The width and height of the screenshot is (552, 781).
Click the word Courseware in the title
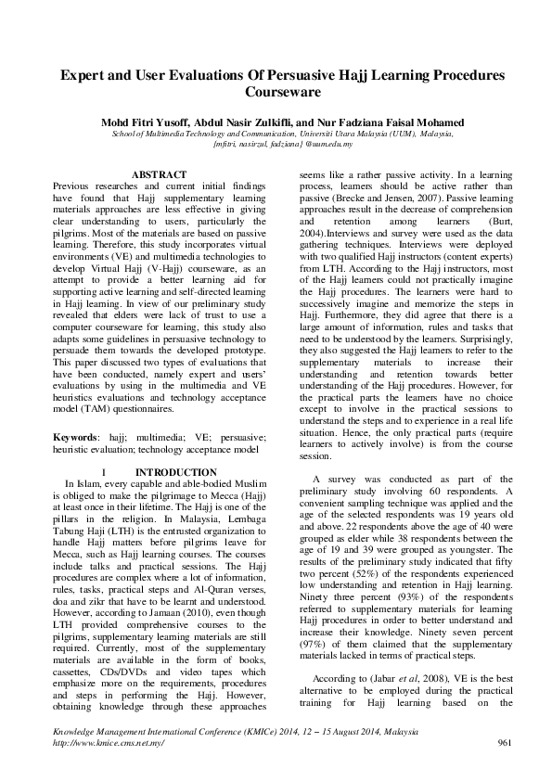point(276,93)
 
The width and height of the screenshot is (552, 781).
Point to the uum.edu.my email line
point(276,145)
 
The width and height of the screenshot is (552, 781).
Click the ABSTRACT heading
point(159,174)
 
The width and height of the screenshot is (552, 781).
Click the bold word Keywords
point(75,435)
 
